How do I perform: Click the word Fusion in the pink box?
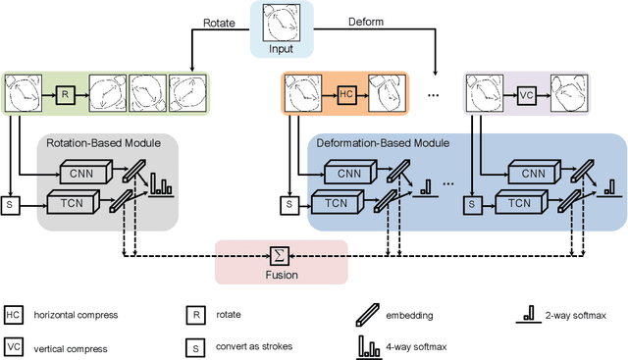click(x=280, y=275)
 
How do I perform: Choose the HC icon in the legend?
click(x=13, y=314)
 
